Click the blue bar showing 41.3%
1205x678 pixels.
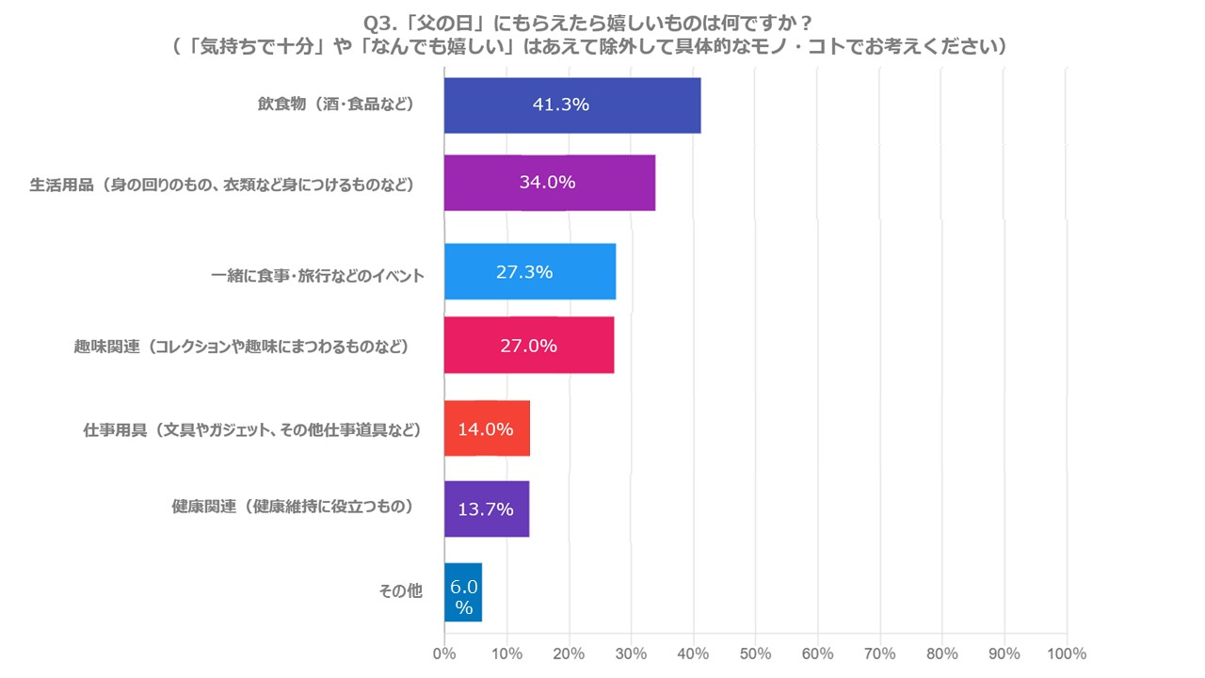coord(572,105)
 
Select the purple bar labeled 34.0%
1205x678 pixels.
coord(550,183)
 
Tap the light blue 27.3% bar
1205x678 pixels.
coord(530,272)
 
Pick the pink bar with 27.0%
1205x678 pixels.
coord(529,346)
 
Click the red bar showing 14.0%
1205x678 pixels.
coord(487,429)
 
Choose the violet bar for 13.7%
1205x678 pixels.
coord(487,509)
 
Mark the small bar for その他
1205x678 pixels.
coord(463,593)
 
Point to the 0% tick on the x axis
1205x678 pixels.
coord(444,654)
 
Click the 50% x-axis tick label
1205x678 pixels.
coord(755,654)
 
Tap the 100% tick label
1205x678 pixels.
coord(1066,654)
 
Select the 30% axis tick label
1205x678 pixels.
coord(631,654)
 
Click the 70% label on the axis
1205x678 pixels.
coord(879,654)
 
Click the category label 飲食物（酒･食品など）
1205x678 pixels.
coord(336,105)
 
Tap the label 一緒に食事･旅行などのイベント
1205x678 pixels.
coord(318,276)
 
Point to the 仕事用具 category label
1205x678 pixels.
coord(251,430)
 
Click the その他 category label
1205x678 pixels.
coord(400,591)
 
